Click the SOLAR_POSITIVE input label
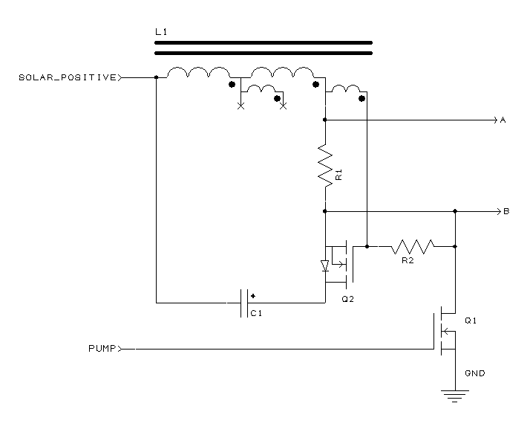tap(68, 77)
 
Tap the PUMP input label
tap(102, 349)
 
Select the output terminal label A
tap(503, 120)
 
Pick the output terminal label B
tap(506, 211)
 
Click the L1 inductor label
tap(161, 32)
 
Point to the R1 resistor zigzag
tap(325, 166)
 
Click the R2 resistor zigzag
tap(413, 247)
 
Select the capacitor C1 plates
tap(244, 303)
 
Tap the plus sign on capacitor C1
tap(253, 296)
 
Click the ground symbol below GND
tap(455, 396)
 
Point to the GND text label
tap(475, 373)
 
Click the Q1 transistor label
tap(471, 321)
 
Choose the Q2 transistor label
tap(348, 299)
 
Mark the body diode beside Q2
tap(325, 265)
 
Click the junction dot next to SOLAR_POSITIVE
tap(156, 77)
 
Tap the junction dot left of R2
tap(367, 247)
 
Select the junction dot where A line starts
tap(325, 120)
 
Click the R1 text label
tap(339, 175)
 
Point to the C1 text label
tap(256, 314)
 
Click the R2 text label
tap(408, 260)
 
